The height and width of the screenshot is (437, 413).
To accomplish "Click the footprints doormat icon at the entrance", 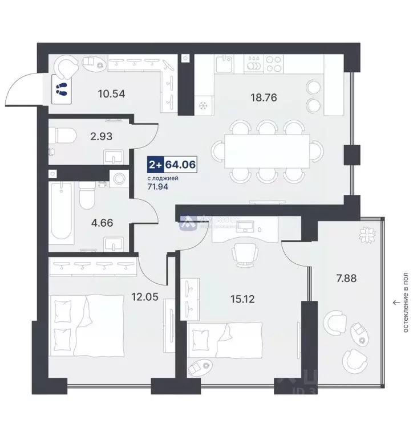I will (x=60, y=89).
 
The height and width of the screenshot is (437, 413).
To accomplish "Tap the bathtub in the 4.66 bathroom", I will (x=59, y=211).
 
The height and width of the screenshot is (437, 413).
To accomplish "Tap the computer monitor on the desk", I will (x=248, y=226).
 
